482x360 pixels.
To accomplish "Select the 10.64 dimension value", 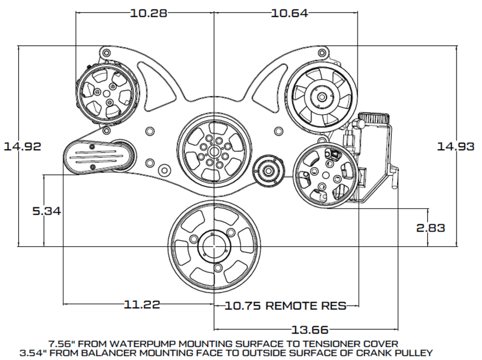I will pos(290,13).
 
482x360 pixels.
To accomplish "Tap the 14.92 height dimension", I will pos(22,146).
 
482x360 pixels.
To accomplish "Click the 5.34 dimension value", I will pos(47,211).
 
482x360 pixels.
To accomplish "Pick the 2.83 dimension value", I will pos(431,228).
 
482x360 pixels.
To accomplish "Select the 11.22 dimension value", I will pos(141,305).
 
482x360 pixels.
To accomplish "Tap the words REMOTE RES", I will pos(306,306).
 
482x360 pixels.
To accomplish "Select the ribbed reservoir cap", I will pos(374,119).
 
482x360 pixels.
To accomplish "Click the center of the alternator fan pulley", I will pos(323,97).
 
